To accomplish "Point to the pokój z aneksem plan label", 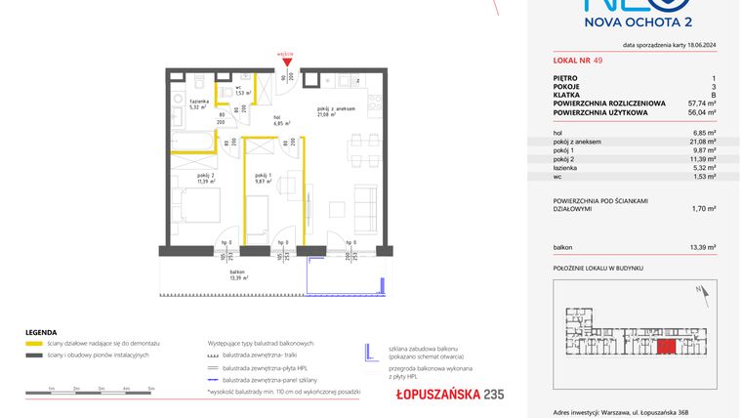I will click(x=335, y=110).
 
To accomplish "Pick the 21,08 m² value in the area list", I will click(x=703, y=141).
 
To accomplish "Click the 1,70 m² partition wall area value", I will click(x=704, y=207).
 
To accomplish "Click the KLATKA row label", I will click(x=567, y=93).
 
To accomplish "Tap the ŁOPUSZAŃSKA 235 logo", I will click(x=436, y=394).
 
